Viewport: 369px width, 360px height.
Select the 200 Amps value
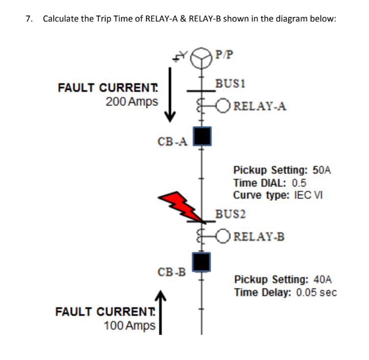tap(132, 102)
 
